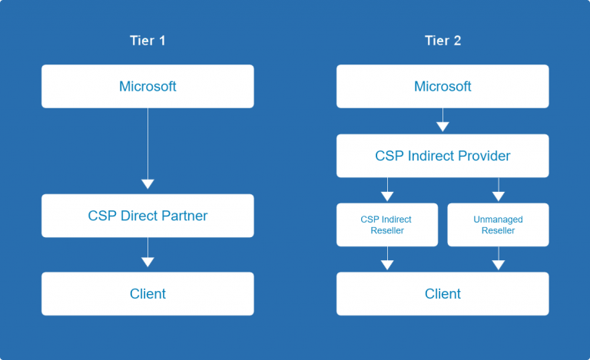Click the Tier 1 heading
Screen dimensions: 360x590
tap(147, 41)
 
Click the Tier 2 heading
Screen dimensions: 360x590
tap(442, 41)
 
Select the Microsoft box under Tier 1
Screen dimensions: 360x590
tap(147, 86)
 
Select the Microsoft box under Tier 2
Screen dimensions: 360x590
tap(442, 86)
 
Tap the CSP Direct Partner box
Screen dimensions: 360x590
tap(147, 216)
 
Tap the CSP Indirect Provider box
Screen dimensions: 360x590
tap(442, 156)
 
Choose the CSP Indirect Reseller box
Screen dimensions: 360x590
tap(387, 225)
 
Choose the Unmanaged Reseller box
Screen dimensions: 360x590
tap(498, 225)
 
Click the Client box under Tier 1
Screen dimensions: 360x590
tap(147, 293)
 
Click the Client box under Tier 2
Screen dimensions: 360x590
tap(442, 293)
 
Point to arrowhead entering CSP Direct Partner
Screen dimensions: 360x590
tap(147, 184)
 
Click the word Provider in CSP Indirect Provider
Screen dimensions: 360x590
tap(485, 156)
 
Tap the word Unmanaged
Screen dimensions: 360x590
tap(498, 220)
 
